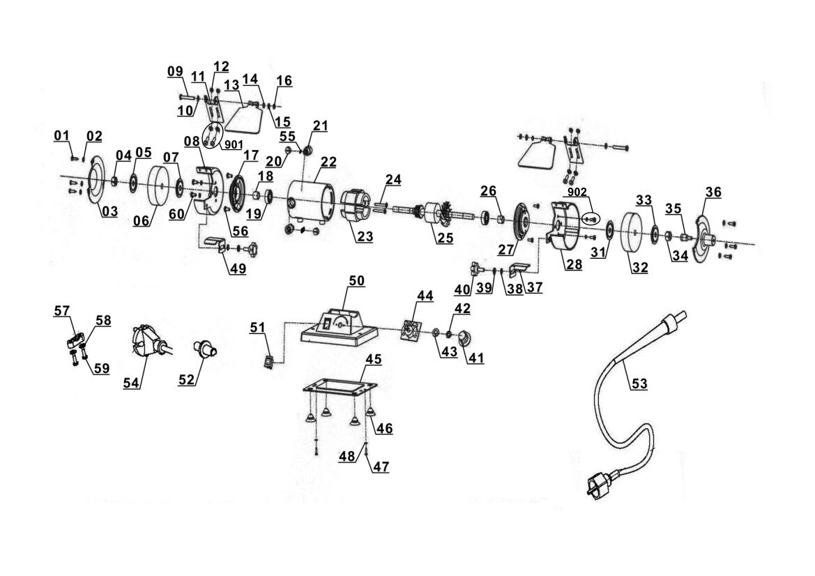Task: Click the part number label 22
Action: coord(328,162)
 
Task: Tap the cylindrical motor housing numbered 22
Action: coord(312,202)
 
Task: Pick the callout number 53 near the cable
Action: coord(639,383)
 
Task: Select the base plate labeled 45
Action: coord(340,387)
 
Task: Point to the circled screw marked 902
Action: coord(591,218)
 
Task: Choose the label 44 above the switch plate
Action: coord(425,296)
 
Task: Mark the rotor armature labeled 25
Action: coord(436,215)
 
